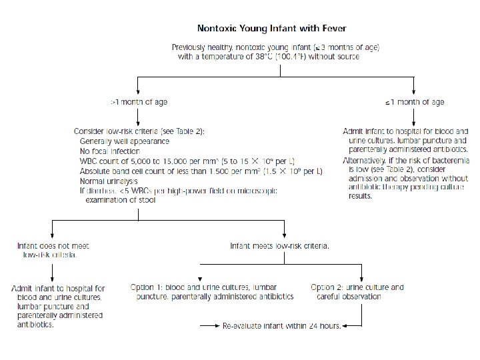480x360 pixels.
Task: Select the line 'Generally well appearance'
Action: coord(124,141)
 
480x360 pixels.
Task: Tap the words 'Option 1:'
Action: coord(147,287)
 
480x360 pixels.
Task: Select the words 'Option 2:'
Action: coord(327,287)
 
